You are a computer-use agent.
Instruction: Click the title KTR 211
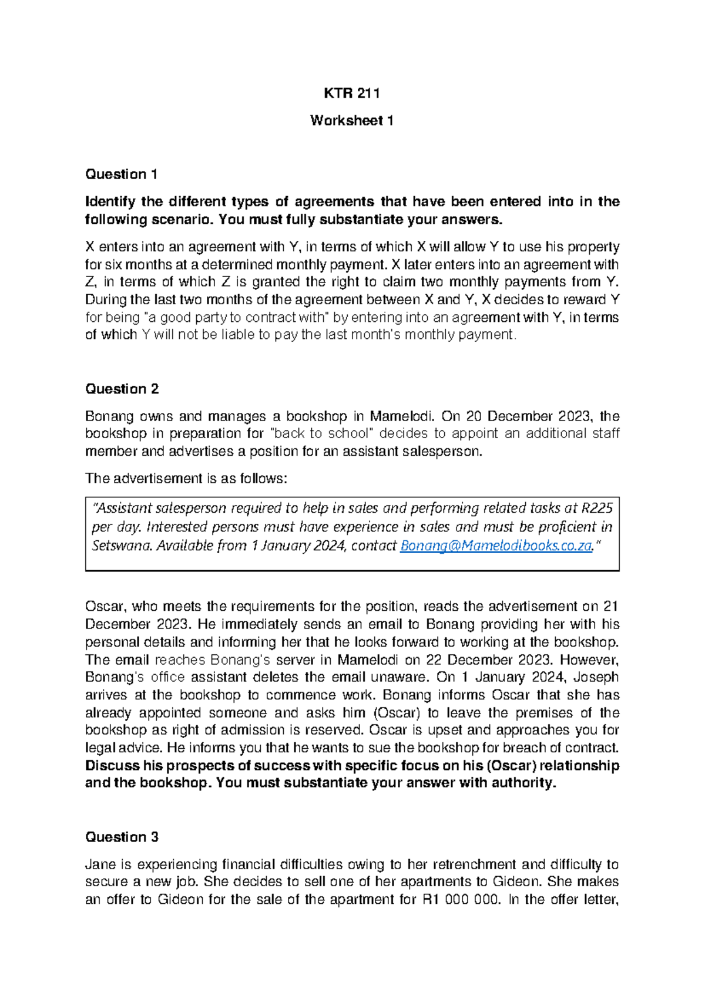click(352, 93)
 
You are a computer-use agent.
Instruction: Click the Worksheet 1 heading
click(352, 120)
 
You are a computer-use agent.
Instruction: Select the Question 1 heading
click(121, 174)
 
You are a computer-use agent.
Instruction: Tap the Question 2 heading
click(122, 389)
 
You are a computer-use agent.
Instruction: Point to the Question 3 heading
click(122, 837)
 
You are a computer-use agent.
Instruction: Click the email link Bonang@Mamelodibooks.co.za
click(495, 546)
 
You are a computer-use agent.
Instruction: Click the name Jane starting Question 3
click(100, 864)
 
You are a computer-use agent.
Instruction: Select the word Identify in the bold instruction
click(110, 201)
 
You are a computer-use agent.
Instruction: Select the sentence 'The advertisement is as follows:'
click(186, 478)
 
